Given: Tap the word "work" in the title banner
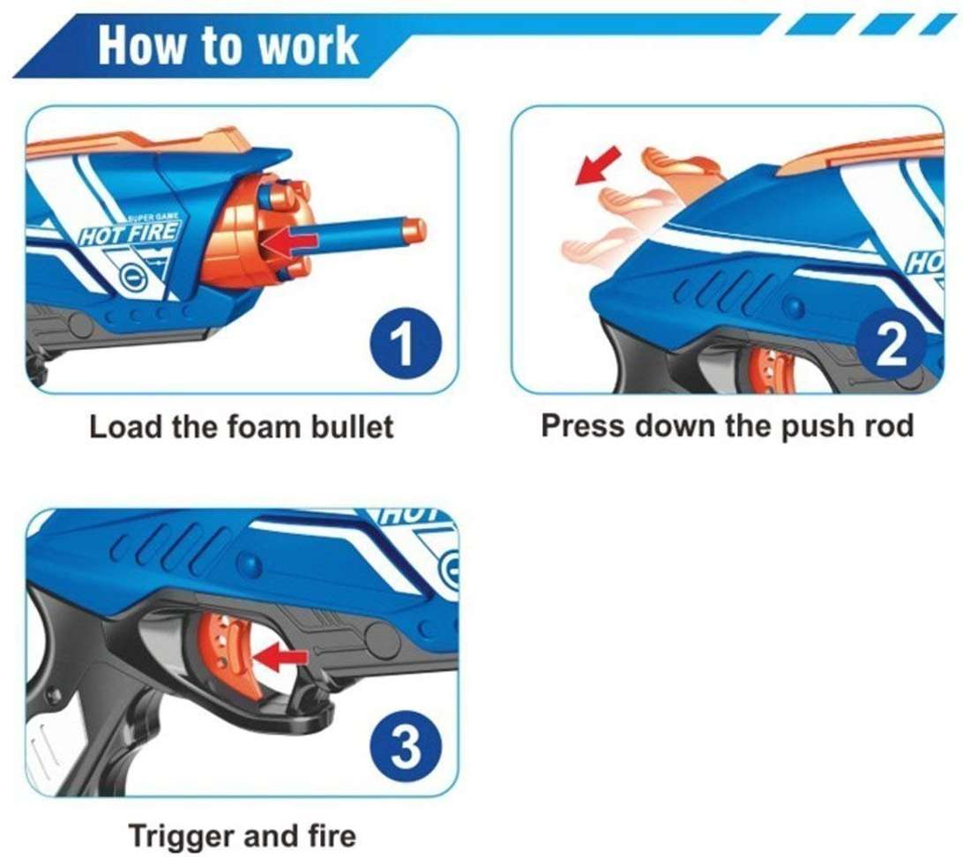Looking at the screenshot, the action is click(308, 46).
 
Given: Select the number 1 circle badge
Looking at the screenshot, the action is click(406, 345).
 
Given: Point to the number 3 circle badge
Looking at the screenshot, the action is click(406, 748).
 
